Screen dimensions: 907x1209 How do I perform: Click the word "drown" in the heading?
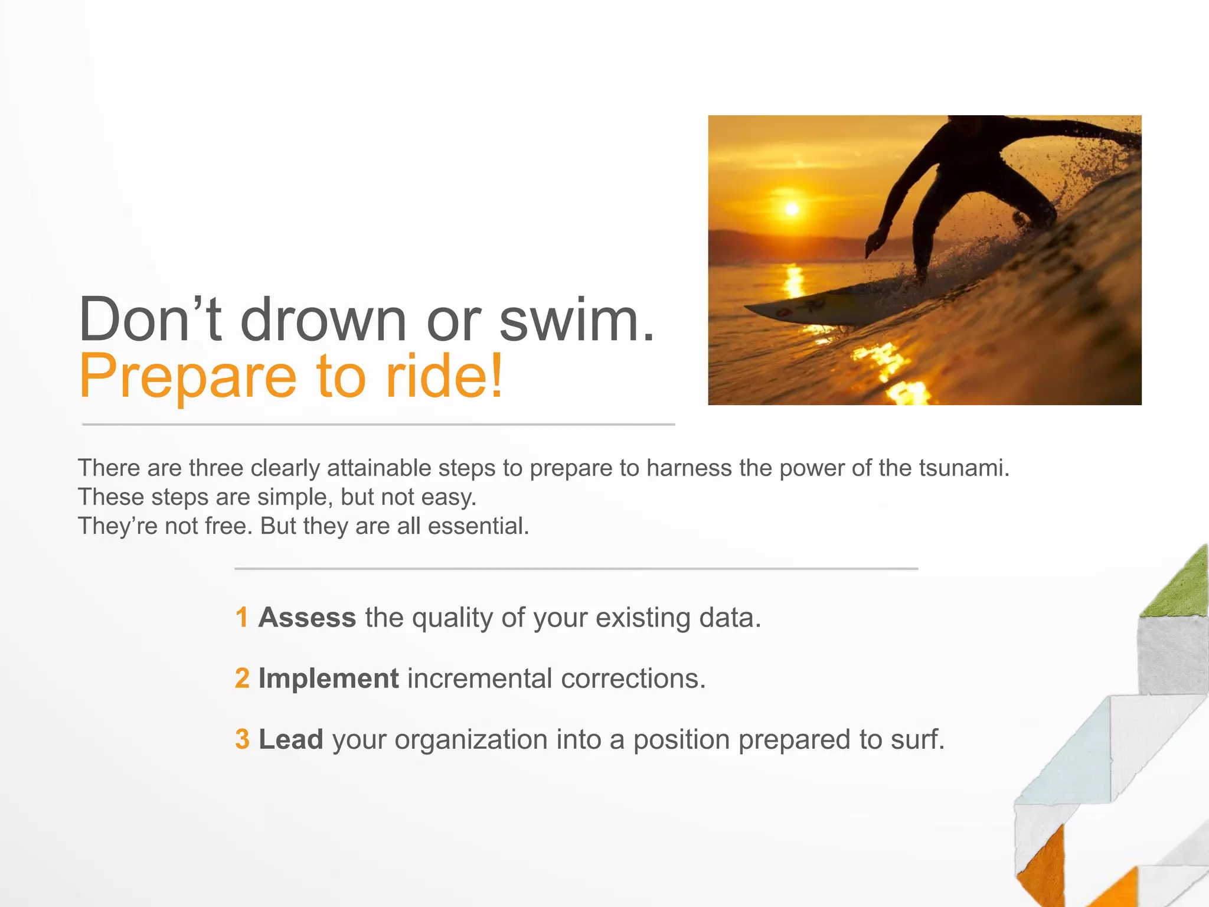pos(324,319)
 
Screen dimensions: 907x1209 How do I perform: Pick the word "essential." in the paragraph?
pos(478,526)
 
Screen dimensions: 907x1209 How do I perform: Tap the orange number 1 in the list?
pos(241,618)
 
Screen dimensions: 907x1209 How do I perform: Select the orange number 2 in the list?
pos(242,678)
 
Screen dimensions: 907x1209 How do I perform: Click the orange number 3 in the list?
pos(242,739)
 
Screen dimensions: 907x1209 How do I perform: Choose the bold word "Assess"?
pos(307,618)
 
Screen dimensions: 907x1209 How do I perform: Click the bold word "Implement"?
pos(328,678)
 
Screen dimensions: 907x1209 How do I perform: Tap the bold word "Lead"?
pos(290,739)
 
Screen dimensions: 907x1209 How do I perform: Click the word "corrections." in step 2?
pos(633,678)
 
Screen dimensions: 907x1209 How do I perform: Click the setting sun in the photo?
pos(792,209)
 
